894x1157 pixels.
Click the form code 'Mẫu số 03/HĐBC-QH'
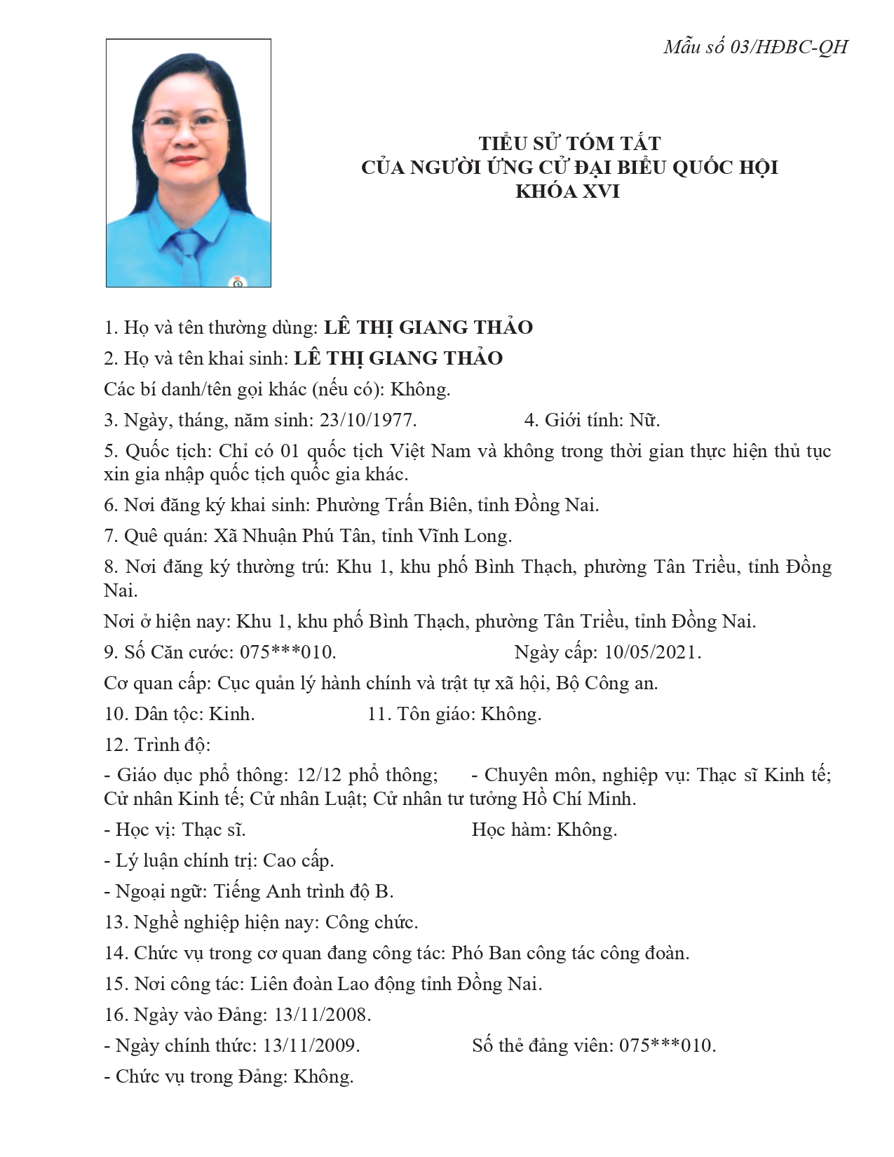(755, 47)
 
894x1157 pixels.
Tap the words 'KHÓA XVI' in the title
(567, 191)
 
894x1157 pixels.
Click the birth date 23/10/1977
(367, 420)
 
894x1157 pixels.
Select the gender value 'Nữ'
(644, 420)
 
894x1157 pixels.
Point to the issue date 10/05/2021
(652, 652)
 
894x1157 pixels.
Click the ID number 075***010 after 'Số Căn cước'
(287, 652)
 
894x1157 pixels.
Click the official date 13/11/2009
(311, 1046)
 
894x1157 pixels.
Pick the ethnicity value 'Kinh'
(232, 714)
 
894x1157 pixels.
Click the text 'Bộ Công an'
(607, 683)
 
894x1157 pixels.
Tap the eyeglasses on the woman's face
(187, 127)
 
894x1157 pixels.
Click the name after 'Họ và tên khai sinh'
(398, 358)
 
